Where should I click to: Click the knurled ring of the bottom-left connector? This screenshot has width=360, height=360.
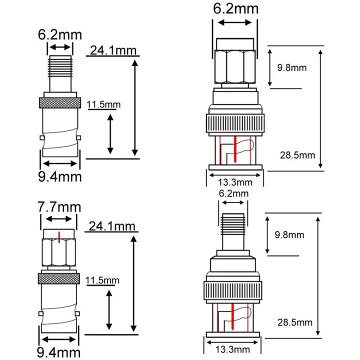pyautogui.click(x=59, y=278)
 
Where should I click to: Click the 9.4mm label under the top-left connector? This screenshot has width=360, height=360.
pyautogui.click(x=59, y=176)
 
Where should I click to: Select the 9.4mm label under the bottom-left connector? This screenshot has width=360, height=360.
pyautogui.click(x=59, y=353)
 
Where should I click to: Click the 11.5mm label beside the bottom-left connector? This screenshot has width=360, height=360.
pyautogui.click(x=103, y=279)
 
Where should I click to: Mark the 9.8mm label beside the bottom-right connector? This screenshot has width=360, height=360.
pyautogui.click(x=289, y=234)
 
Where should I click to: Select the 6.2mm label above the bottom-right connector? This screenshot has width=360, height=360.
pyautogui.click(x=233, y=193)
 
